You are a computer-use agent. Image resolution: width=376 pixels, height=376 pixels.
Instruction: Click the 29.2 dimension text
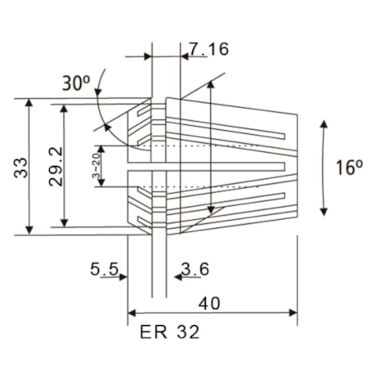point(56,168)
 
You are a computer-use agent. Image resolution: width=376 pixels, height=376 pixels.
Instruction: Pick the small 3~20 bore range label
point(96,166)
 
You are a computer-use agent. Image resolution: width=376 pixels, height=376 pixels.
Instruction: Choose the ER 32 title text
point(170,333)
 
